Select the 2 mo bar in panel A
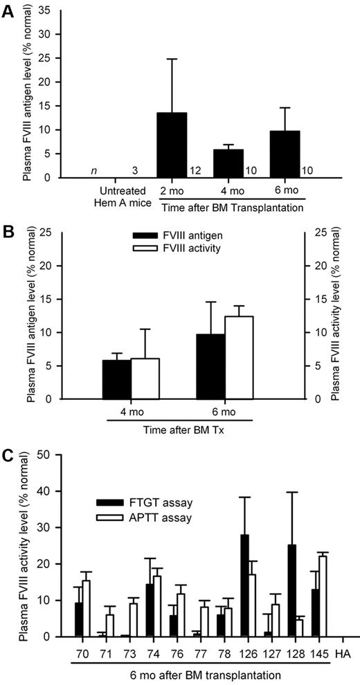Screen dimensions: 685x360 172,145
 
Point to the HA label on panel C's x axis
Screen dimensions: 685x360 340,653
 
